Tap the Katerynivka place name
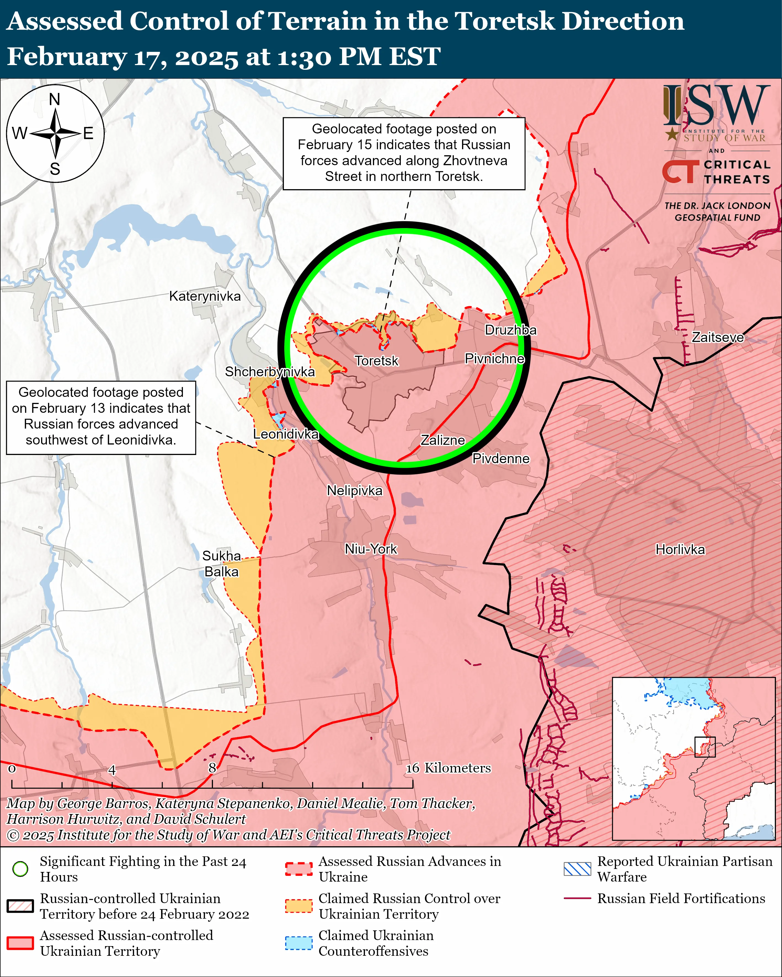pos(205,296)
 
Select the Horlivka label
pos(680,550)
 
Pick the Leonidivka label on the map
pos(285,434)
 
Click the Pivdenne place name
pos(501,459)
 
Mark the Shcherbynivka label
pos(270,372)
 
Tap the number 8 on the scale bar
pos(212,768)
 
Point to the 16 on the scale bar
pos(413,768)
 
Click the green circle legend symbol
pos(20,869)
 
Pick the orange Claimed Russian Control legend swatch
pos(299,906)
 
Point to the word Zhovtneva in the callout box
pos(475,160)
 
